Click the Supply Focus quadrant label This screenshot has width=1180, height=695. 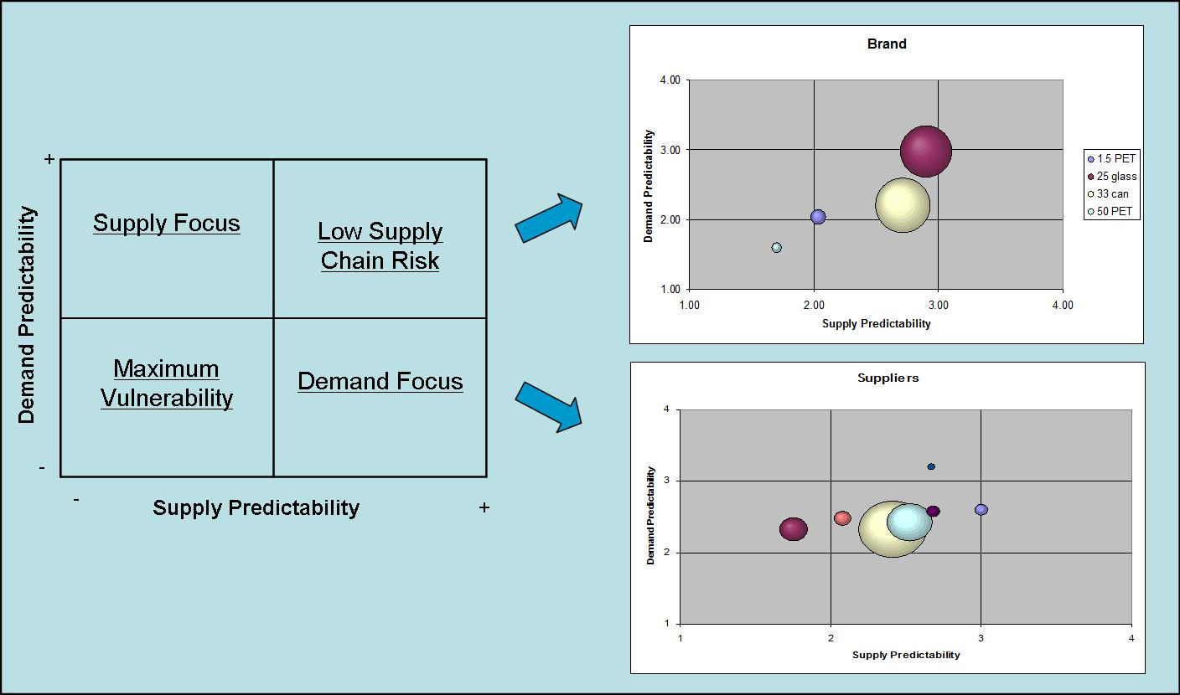[x=166, y=224]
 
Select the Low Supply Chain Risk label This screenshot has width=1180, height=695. [x=380, y=246]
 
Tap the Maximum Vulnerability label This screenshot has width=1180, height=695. [x=167, y=384]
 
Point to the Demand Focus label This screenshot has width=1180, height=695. [x=380, y=382]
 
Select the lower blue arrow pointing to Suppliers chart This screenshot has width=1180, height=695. [x=549, y=406]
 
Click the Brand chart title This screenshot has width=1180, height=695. [x=887, y=44]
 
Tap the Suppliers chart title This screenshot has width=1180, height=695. [x=888, y=378]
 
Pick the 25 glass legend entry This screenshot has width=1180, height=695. [x=1112, y=176]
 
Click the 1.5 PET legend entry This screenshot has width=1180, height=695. [x=1112, y=158]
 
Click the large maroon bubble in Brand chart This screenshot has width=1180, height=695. [x=926, y=152]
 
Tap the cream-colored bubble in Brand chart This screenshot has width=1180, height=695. [x=903, y=205]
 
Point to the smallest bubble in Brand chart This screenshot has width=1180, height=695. [x=776, y=248]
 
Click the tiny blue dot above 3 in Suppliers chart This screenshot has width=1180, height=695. [x=931, y=466]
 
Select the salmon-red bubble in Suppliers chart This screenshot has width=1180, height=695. [x=842, y=518]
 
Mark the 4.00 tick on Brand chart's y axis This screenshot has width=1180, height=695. [x=670, y=80]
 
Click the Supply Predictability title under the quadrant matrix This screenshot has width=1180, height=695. [x=256, y=507]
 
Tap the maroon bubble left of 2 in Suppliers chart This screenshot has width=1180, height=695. [x=794, y=529]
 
